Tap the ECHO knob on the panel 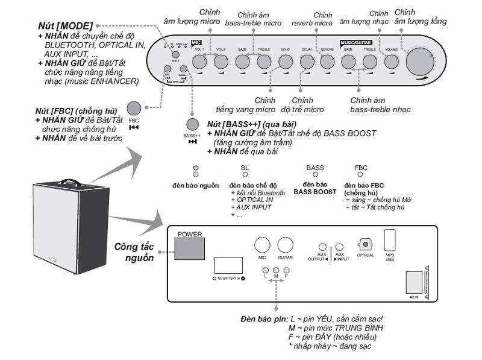(x=285, y=61)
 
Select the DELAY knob (x=306, y=61)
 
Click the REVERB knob (x=328, y=61)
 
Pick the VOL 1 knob (x=199, y=61)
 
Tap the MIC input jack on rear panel (x=261, y=245)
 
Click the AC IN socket (x=414, y=283)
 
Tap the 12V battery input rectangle (x=229, y=266)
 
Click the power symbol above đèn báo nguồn (x=195, y=168)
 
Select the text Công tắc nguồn (x=135, y=252)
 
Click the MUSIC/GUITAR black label (x=355, y=43)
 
